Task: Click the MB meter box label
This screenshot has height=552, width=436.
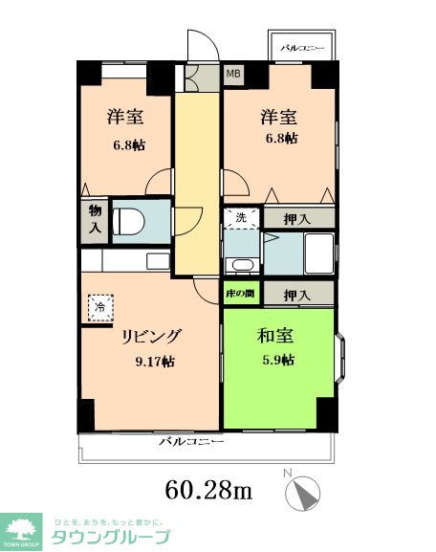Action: (232, 73)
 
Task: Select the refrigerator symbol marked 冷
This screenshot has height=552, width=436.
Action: (99, 307)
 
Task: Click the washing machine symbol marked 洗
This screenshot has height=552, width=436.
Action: (241, 218)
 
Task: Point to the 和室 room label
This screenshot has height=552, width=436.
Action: (273, 337)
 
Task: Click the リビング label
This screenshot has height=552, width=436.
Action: (150, 337)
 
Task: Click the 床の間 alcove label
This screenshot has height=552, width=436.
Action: (239, 294)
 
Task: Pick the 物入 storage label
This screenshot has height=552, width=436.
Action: (95, 218)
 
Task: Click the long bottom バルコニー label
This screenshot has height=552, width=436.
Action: (190, 443)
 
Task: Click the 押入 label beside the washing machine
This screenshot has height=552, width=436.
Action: (298, 219)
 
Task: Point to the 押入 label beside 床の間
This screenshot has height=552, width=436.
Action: (298, 294)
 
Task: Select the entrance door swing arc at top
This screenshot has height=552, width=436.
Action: (199, 46)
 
